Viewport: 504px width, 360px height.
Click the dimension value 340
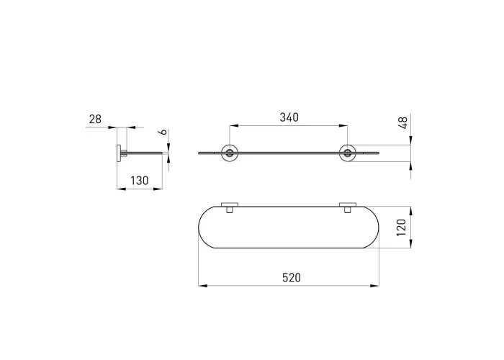pyautogui.click(x=289, y=117)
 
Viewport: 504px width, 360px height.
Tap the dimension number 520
pyautogui.click(x=292, y=277)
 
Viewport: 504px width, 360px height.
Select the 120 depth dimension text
pyautogui.click(x=402, y=228)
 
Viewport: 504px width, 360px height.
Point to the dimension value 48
pyautogui.click(x=402, y=123)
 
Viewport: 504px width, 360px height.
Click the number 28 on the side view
pyautogui.click(x=95, y=120)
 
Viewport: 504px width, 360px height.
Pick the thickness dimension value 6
pyautogui.click(x=163, y=132)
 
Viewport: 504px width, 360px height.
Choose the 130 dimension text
pyautogui.click(x=139, y=181)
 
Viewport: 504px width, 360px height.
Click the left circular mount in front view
pyautogui.click(x=230, y=153)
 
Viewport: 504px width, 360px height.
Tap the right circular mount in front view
pyautogui.click(x=348, y=153)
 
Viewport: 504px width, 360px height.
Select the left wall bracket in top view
pyautogui.click(x=230, y=207)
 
